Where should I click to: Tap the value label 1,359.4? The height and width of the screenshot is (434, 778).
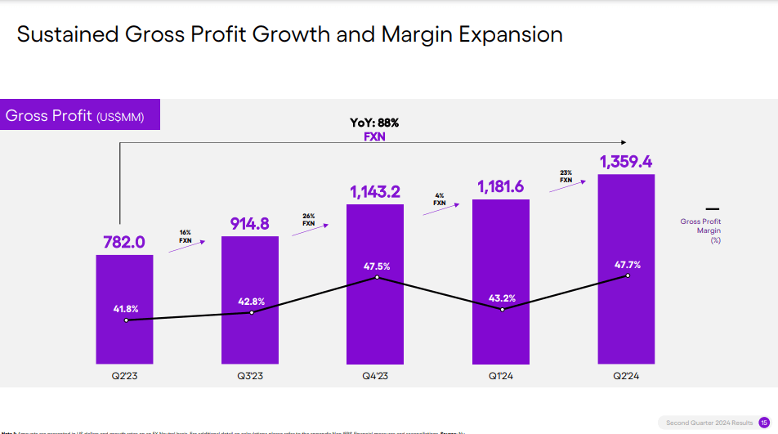[626, 162]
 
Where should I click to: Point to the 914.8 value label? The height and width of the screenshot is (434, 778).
[249, 224]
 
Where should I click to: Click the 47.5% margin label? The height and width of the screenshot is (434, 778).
[377, 266]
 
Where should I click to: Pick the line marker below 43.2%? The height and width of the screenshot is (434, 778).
[502, 310]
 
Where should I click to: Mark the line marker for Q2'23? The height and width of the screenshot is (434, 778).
[126, 320]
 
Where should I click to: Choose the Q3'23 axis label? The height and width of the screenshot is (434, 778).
[250, 376]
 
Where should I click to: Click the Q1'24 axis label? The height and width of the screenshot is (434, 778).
[501, 376]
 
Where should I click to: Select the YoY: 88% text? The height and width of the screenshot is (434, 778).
[374, 123]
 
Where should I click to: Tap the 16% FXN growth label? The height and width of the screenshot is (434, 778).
[186, 237]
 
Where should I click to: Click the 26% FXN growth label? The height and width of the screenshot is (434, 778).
[308, 219]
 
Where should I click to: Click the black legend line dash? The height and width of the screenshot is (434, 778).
[712, 208]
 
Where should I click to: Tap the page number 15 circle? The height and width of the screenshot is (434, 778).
[764, 423]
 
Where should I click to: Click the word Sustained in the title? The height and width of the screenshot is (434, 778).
[67, 34]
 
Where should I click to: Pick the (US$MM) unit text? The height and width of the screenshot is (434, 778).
[120, 118]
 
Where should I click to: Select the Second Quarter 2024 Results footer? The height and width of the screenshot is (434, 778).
[709, 423]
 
